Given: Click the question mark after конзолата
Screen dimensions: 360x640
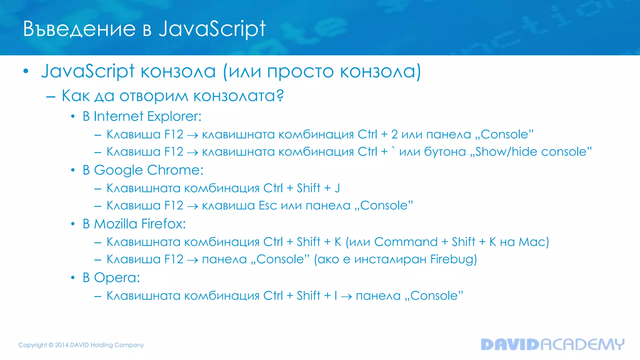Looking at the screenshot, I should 280,95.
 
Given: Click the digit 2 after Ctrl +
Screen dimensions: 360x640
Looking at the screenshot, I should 394,135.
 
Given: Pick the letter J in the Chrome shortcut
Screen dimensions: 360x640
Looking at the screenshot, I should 337,188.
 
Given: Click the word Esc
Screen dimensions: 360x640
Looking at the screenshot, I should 268,206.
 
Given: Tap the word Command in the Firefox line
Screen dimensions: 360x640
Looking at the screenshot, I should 406,242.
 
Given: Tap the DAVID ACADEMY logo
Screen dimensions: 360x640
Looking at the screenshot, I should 552,344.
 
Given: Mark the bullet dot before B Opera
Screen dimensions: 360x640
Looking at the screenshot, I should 73,278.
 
